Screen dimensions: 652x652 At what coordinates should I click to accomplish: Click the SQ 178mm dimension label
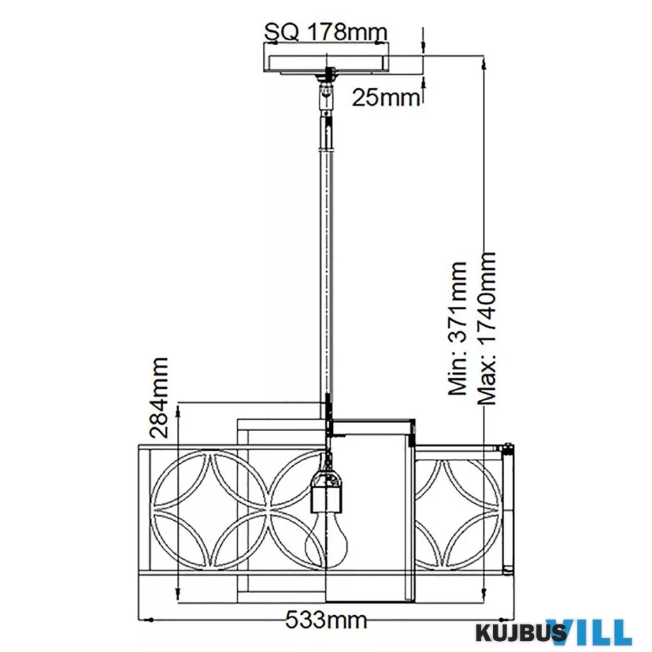pos(326,32)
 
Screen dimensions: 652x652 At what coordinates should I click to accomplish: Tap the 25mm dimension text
pos(386,98)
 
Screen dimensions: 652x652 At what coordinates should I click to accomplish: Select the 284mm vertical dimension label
pos(159,397)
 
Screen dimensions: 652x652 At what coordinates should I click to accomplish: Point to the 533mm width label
pos(327,621)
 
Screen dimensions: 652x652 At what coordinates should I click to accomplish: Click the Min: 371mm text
pos(458,329)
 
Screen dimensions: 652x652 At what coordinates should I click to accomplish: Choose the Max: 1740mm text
pos(486,329)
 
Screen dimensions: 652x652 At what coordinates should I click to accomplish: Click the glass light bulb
pos(327,539)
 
